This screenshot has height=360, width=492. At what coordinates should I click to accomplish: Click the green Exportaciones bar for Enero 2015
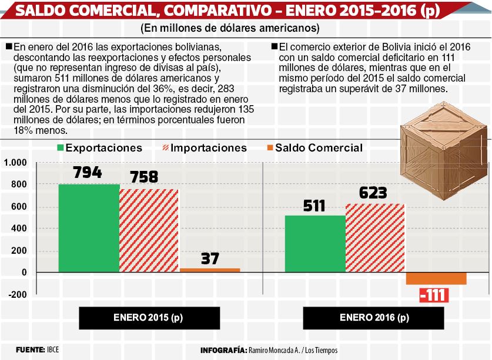point(89,228)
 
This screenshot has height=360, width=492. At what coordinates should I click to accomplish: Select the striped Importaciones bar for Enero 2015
point(149,230)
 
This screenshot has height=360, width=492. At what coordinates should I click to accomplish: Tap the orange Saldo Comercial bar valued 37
point(210,270)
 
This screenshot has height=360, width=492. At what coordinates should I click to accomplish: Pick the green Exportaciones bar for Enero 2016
point(315,244)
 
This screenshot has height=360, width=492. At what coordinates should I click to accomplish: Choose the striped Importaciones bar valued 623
point(375,238)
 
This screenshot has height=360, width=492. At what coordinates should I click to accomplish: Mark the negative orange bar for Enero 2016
point(437,278)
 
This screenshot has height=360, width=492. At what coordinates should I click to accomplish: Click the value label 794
point(88,172)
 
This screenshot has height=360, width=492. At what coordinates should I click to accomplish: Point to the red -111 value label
point(434,295)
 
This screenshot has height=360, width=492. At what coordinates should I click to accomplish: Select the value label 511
point(314,206)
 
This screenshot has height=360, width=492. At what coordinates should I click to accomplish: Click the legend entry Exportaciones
point(100,148)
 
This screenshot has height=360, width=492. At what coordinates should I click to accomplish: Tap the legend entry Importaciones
point(205,148)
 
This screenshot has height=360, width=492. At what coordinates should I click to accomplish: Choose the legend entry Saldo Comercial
point(314,148)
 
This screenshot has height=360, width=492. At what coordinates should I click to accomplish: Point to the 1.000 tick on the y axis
point(15,163)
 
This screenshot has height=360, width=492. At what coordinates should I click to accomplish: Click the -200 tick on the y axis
point(18,295)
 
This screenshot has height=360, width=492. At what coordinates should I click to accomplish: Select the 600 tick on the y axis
point(19,206)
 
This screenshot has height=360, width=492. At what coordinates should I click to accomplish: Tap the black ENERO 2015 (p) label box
point(149,318)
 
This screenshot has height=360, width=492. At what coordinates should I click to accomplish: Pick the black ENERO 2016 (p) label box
point(373,318)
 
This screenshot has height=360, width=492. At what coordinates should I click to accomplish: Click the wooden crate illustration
point(444,150)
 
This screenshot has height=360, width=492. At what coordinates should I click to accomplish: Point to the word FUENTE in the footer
point(30,349)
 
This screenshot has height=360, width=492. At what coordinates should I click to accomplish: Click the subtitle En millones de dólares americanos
point(230,28)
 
